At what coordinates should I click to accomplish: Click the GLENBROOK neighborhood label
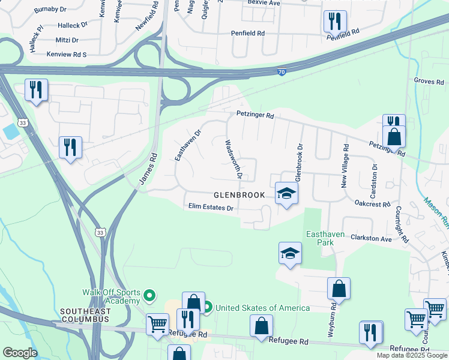(x=239, y=196)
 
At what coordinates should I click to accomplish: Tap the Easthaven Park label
(x=325, y=238)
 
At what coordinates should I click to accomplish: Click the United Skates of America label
(x=262, y=308)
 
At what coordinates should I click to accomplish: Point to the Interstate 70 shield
(x=282, y=71)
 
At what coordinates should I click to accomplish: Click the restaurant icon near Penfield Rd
(x=334, y=22)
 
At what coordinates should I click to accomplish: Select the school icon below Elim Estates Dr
(x=290, y=254)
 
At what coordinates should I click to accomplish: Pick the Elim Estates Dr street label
(x=210, y=208)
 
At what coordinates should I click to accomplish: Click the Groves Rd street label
(x=427, y=80)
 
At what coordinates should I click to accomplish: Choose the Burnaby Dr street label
(x=50, y=10)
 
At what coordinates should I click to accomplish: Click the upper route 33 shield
(x=22, y=122)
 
